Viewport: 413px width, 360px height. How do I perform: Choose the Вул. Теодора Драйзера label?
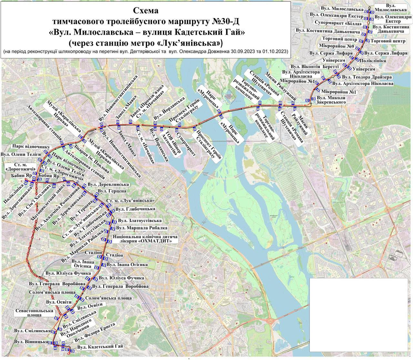point(367,77)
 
